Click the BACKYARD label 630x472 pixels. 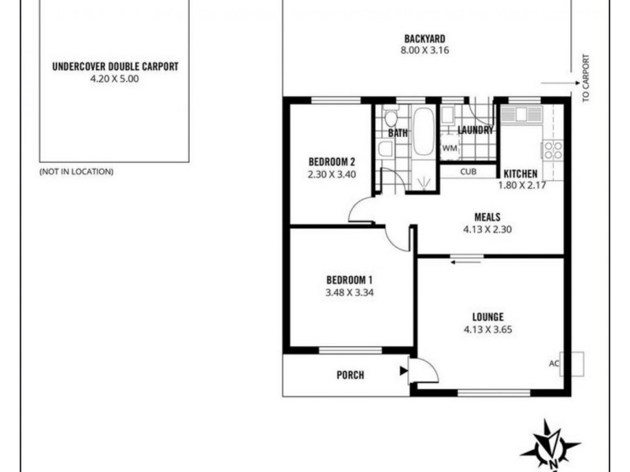pos(425,39)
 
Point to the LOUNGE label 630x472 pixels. pos(488,317)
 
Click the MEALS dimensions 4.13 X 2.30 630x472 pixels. pos(488,230)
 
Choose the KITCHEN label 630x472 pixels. pos(521,174)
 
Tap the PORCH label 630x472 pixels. pos(350,375)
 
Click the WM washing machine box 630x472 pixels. pos(450,148)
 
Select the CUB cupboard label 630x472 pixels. pos(468,171)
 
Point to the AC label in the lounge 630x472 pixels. pos(554,363)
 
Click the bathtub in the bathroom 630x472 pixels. pos(423,132)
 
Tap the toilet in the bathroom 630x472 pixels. pos(391,120)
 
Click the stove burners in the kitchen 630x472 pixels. pos(553,149)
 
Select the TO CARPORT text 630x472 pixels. pos(585,79)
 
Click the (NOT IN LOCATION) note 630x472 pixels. pos(76,171)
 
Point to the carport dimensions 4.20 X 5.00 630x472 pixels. pos(115,79)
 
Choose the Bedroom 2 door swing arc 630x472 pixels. pos(360,209)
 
